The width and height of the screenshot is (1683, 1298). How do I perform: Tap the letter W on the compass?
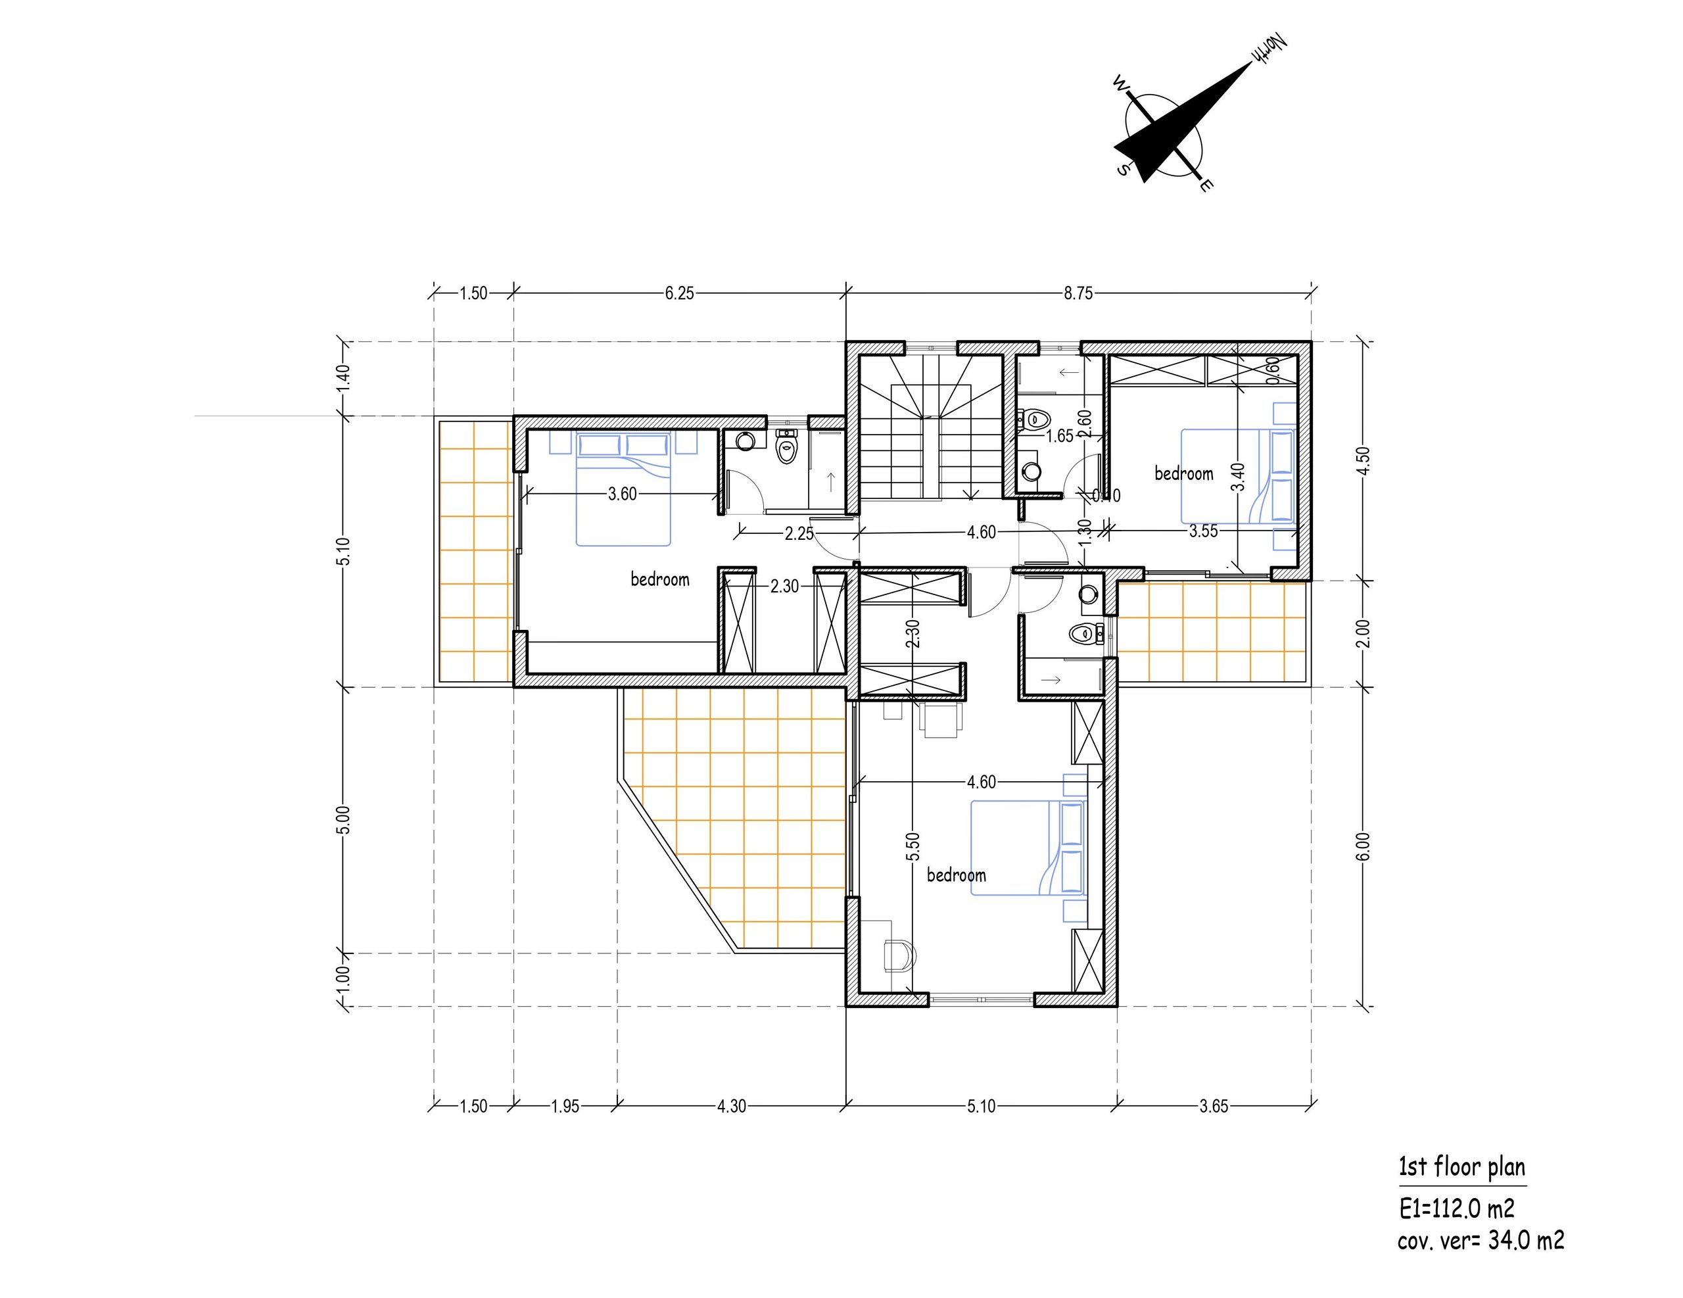point(1120,84)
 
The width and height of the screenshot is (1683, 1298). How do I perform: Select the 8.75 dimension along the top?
point(1078,293)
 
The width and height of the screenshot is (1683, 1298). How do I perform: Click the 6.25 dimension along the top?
point(679,293)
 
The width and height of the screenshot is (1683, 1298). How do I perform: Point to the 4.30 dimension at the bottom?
point(731,1106)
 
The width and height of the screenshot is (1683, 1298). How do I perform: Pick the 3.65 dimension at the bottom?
point(1214,1106)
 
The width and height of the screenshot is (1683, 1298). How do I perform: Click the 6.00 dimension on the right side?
point(1363,846)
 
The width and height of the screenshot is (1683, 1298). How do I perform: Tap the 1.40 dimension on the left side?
point(344,379)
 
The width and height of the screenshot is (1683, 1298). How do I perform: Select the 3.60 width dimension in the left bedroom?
point(622,494)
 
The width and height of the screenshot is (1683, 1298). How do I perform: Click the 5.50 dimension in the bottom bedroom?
point(913,846)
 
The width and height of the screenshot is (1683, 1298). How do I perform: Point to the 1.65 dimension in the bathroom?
point(1060,436)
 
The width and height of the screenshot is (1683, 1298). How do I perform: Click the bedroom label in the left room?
point(659,579)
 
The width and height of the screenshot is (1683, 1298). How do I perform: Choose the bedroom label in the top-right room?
point(1183,473)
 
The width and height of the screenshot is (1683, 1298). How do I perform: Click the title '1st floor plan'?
point(1462,1167)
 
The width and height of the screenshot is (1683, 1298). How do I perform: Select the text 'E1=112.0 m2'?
point(1456,1208)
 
